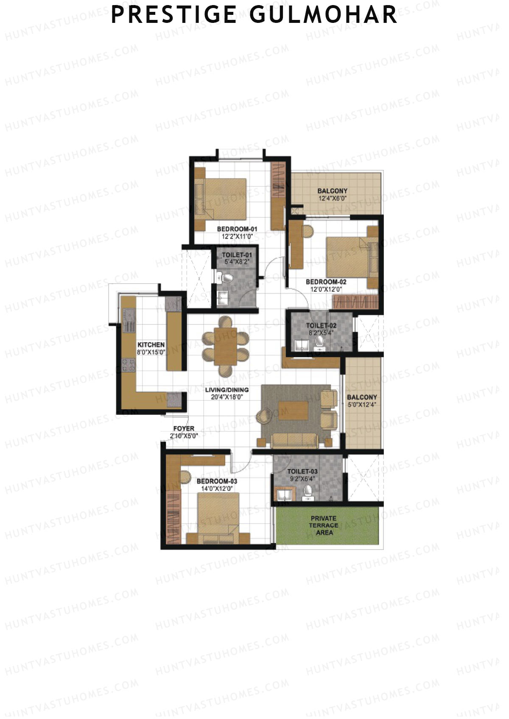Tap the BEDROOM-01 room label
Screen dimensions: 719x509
(x=237, y=229)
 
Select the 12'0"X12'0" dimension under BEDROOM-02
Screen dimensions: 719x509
(x=326, y=290)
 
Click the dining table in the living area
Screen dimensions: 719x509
(x=225, y=346)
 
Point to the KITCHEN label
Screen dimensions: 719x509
(x=151, y=345)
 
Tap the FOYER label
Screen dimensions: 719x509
(x=184, y=429)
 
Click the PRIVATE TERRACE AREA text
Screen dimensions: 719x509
(x=324, y=525)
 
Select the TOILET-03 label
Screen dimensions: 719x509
(x=302, y=472)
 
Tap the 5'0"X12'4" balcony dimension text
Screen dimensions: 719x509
(x=362, y=405)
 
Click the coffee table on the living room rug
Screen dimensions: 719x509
(x=293, y=410)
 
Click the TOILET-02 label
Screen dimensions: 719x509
(x=321, y=325)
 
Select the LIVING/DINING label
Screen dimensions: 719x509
(x=227, y=390)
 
